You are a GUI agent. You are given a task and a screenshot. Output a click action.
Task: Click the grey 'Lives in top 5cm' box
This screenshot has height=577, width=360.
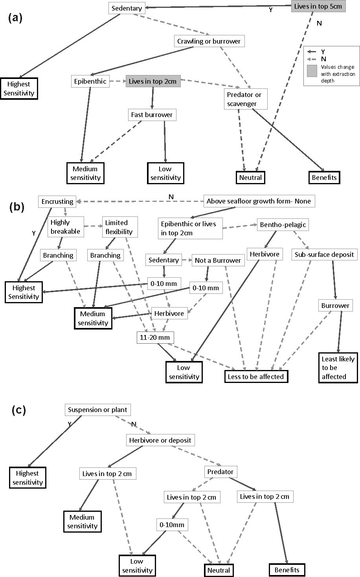point(318,7)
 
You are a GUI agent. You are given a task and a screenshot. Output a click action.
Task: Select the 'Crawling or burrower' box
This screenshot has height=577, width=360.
point(209,41)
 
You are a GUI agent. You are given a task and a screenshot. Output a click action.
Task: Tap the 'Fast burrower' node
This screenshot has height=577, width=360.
point(151,115)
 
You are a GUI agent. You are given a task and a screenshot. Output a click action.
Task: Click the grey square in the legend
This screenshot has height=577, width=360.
point(313,71)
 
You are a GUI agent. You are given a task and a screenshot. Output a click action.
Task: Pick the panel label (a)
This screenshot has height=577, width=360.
point(16,18)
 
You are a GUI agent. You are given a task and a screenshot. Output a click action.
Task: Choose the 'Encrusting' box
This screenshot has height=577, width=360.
point(57,201)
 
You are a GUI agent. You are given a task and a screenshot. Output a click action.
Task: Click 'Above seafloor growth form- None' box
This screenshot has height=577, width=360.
point(259,201)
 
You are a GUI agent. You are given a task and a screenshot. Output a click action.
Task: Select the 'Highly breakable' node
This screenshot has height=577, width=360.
point(65,227)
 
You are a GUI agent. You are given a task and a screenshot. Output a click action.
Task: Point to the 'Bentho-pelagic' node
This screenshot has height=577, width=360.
point(283,225)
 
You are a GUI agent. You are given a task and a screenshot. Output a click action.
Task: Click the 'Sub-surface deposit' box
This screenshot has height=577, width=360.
point(324,255)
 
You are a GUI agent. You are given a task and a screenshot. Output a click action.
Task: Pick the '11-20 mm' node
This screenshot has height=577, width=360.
point(155,337)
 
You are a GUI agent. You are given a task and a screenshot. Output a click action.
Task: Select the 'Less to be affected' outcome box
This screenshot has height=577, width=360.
point(255,376)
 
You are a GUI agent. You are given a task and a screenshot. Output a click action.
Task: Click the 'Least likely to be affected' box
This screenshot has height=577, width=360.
point(338,368)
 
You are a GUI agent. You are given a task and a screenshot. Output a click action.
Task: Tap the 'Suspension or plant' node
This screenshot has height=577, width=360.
point(97,410)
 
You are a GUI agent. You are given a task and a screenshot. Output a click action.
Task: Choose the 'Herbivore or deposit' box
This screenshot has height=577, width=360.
point(160,440)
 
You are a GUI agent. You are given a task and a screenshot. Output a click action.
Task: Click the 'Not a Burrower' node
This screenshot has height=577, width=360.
point(218,260)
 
